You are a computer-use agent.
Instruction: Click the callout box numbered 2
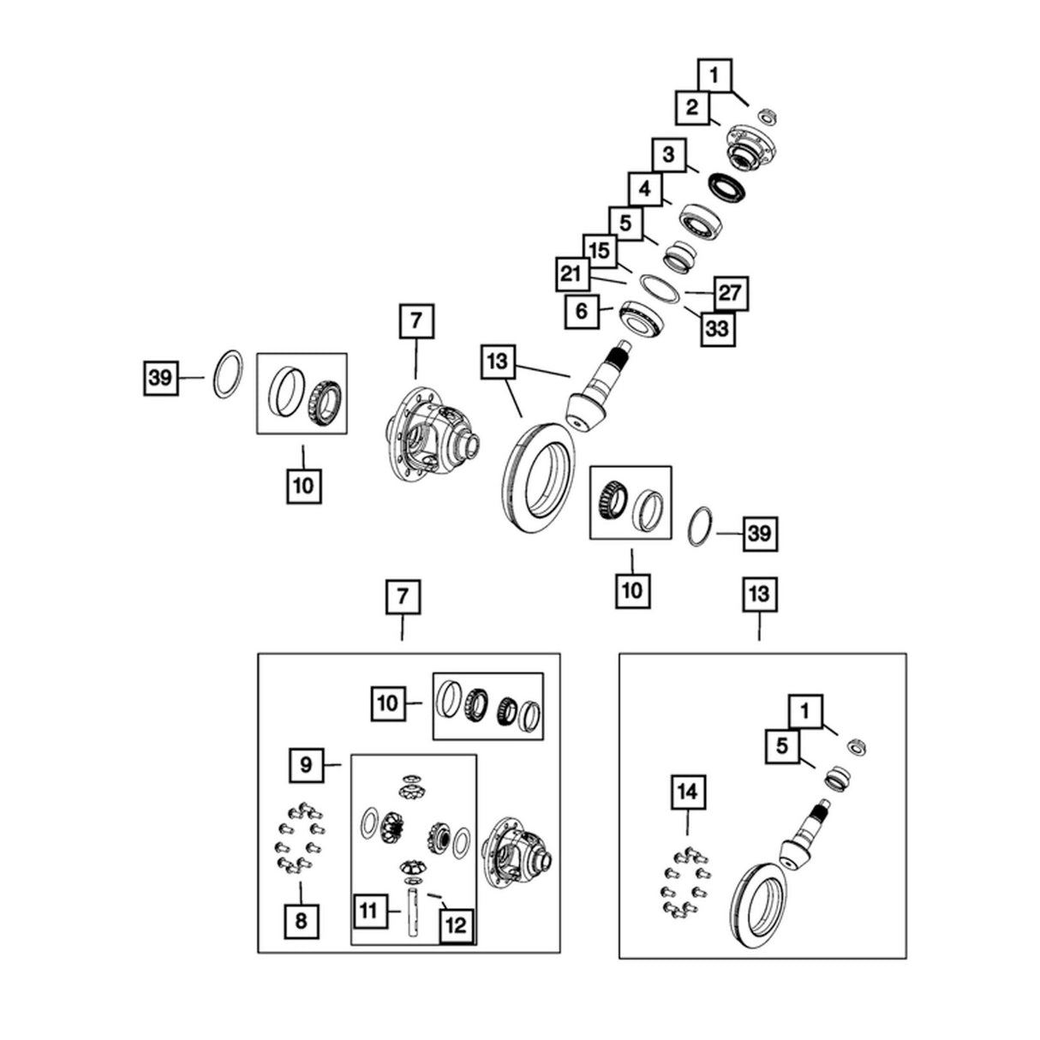[x=692, y=107]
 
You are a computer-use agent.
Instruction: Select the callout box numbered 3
[x=669, y=155]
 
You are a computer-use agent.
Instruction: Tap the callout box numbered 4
[x=645, y=188]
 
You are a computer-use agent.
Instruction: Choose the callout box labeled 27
[x=732, y=294]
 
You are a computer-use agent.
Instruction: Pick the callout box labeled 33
[x=718, y=327]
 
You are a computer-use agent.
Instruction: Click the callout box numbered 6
[x=582, y=312]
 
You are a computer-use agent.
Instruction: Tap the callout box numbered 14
[x=688, y=792]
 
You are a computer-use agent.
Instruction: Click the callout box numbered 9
[x=306, y=765]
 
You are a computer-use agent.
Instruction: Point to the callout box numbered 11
[x=371, y=911]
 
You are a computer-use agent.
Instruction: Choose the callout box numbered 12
[x=456, y=926]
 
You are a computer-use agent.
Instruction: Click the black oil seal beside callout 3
[x=726, y=186]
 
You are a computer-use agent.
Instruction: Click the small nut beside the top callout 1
[x=767, y=116]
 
